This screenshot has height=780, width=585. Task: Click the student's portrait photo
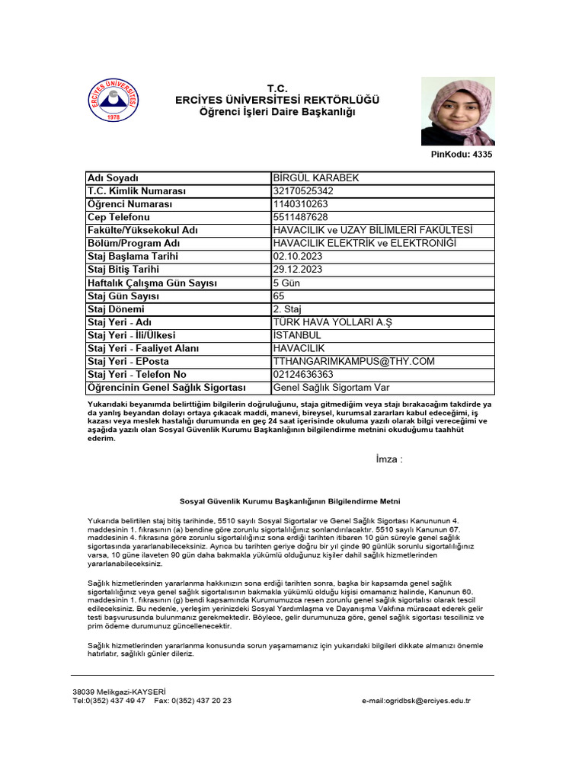point(457,111)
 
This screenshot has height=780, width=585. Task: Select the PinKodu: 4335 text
point(462,155)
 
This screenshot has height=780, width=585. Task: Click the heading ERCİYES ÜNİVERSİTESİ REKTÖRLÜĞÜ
point(277,101)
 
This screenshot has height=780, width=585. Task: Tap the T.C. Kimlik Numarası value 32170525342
point(302,191)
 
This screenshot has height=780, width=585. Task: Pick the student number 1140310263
point(300,204)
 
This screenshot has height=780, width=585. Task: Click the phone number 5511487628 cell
point(300,217)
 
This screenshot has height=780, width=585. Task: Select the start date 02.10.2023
point(297,257)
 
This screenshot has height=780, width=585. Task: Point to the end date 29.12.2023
point(297,270)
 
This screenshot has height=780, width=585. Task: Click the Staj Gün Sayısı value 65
point(279,296)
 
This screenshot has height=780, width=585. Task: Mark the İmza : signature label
point(389,459)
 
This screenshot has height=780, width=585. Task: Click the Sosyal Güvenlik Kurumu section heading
point(289,501)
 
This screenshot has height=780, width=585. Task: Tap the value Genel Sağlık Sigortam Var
point(331,388)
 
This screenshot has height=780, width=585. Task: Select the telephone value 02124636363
point(302,375)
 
